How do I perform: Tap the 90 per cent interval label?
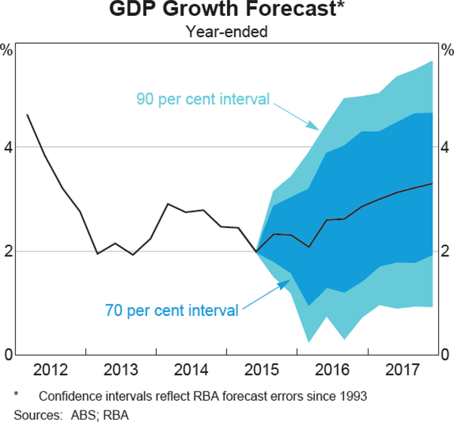pyautogui.click(x=204, y=98)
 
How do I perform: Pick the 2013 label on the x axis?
pyautogui.click(x=122, y=370)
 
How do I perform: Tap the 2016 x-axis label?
pyautogui.click(x=333, y=370)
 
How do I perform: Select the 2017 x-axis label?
pyautogui.click(x=404, y=370)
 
